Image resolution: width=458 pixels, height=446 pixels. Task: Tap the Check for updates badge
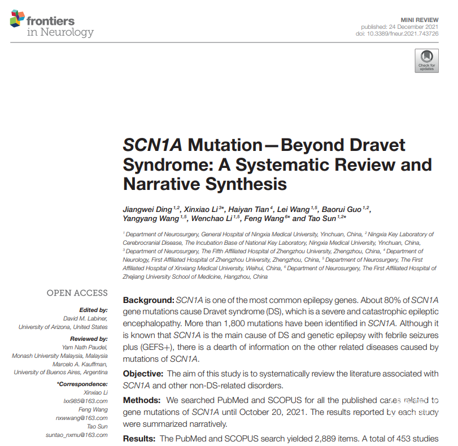(x=426, y=60)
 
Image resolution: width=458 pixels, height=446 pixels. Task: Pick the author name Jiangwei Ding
(x=147, y=210)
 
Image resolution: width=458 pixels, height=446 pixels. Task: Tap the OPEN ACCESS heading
(x=77, y=293)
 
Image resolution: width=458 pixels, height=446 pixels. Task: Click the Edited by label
(x=94, y=310)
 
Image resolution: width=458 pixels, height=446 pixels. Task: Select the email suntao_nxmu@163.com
(x=77, y=435)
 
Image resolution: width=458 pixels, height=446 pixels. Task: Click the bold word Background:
(x=149, y=299)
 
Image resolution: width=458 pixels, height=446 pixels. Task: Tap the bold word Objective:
(x=144, y=374)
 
